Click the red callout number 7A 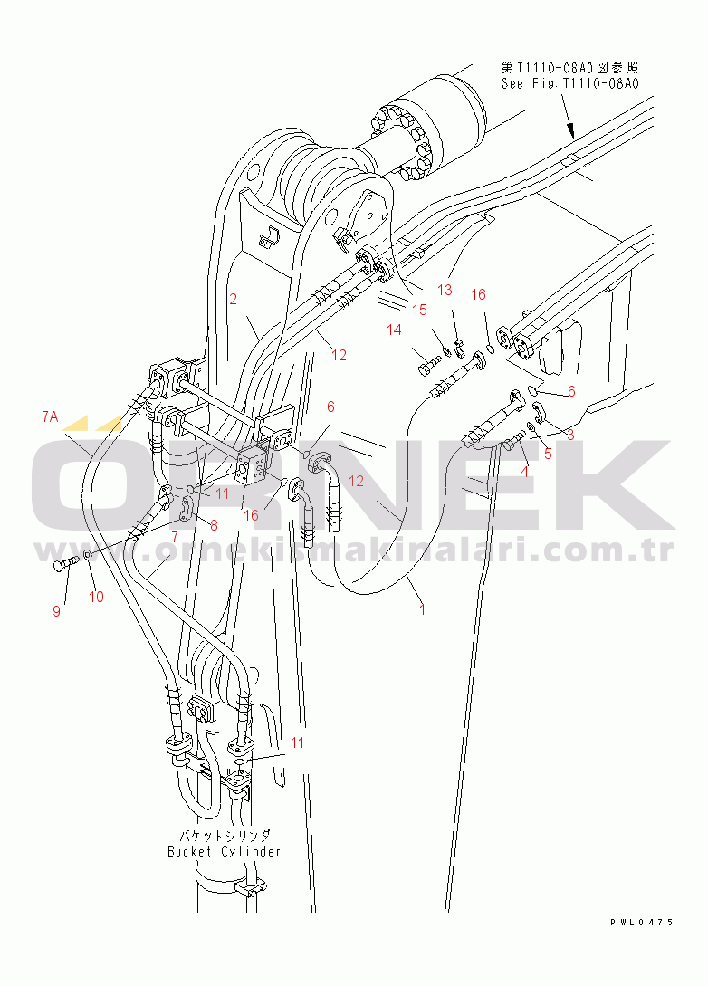(x=50, y=416)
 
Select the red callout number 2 (x=234, y=299)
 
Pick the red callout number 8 (x=214, y=525)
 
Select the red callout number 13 (x=445, y=290)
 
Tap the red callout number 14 (x=394, y=330)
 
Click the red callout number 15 (x=419, y=310)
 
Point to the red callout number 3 (x=569, y=435)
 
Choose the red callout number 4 (x=524, y=471)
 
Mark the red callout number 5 (x=548, y=454)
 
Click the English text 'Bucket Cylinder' (x=224, y=851)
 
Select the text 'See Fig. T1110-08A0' (x=570, y=83)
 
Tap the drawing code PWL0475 (x=642, y=923)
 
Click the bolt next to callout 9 (x=64, y=561)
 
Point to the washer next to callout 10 (x=87, y=555)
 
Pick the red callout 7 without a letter (x=175, y=537)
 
